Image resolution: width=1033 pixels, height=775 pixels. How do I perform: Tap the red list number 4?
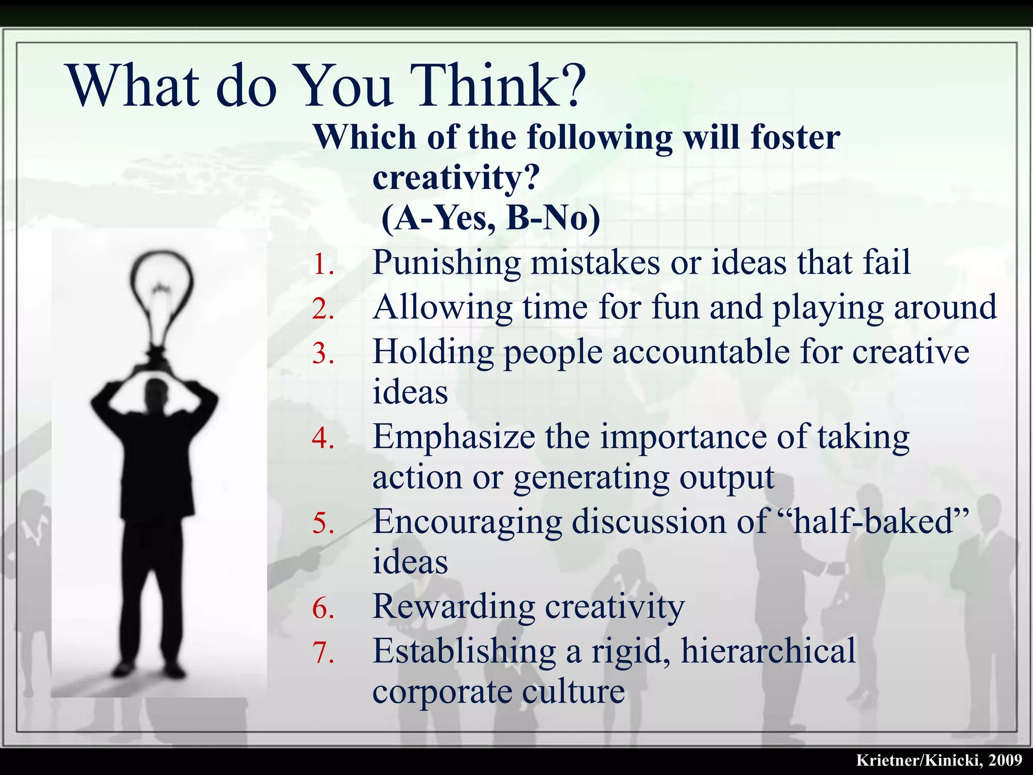click(323, 438)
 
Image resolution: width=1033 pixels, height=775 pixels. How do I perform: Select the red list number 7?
click(323, 652)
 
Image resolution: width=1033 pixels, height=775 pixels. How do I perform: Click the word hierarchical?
click(768, 651)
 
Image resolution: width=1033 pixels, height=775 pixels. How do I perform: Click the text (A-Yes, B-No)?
click(491, 218)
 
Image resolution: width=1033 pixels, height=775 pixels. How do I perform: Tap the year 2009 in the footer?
click(1005, 760)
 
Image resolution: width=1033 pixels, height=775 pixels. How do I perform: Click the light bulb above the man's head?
click(161, 298)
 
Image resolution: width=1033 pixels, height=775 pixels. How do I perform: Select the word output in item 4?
click(727, 477)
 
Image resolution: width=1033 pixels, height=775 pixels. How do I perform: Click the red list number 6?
click(323, 608)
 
